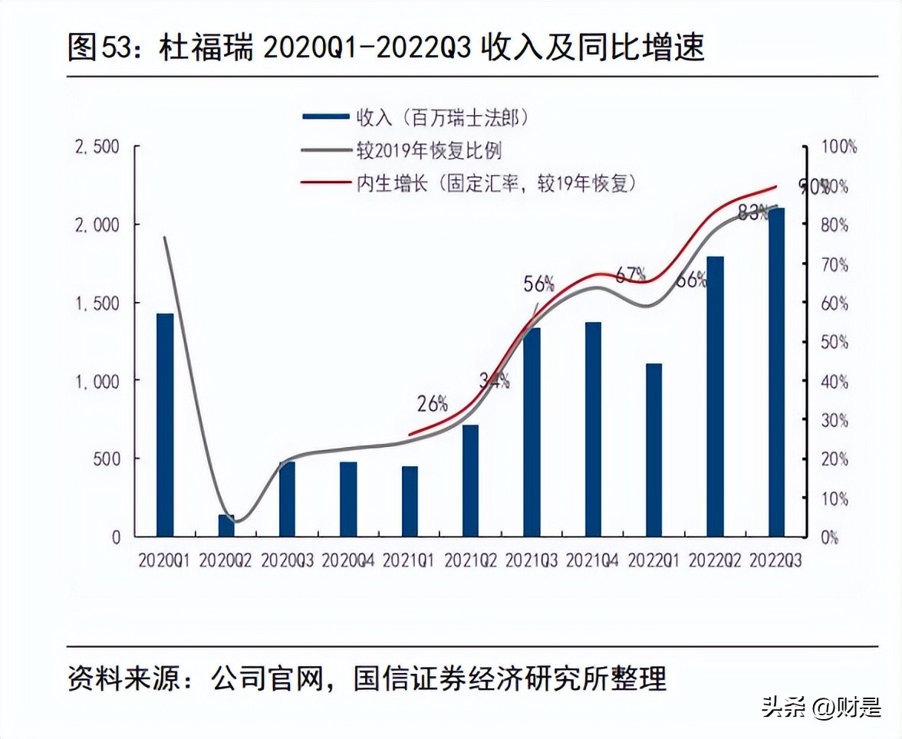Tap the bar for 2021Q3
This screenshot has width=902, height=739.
click(x=532, y=432)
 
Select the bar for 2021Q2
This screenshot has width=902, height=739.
click(x=470, y=481)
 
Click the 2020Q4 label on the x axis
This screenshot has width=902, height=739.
click(x=347, y=561)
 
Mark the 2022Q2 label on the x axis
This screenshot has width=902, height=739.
click(x=715, y=561)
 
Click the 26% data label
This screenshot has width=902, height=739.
click(x=433, y=403)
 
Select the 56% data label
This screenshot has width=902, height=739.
click(x=538, y=284)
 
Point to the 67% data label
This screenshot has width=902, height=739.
click(x=631, y=274)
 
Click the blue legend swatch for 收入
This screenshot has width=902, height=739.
click(x=327, y=117)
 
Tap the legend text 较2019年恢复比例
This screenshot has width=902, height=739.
click(x=428, y=150)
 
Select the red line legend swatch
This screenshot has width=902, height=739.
click(x=327, y=183)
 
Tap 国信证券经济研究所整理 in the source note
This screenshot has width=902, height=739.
click(x=510, y=678)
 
